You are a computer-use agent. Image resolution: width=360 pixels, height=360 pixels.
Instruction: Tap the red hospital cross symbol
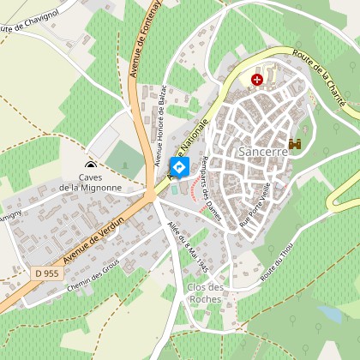(x=256, y=80)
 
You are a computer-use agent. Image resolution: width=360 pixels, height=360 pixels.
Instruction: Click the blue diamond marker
(x=179, y=167)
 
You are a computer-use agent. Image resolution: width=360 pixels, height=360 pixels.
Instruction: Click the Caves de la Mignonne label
(x=90, y=182)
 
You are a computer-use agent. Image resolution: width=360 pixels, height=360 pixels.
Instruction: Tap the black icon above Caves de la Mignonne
(x=90, y=165)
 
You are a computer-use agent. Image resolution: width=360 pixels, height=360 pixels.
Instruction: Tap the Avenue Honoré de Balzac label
(x=160, y=126)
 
